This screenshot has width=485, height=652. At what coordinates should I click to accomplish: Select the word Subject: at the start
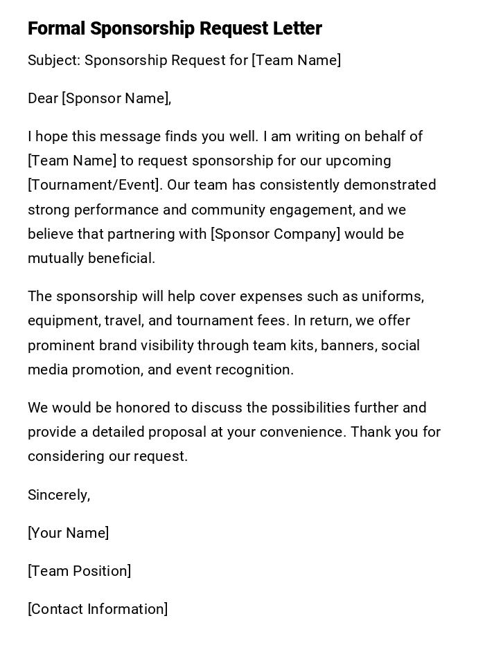[53, 60]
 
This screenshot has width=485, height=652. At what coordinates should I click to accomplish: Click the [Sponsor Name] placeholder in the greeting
[116, 98]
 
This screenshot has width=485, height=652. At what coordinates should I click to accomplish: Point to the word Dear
[43, 98]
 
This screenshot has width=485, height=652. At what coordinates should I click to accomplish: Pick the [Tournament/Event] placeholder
[94, 185]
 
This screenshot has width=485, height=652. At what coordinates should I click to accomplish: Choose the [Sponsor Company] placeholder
[276, 234]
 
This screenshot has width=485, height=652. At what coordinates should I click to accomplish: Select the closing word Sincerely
[58, 495]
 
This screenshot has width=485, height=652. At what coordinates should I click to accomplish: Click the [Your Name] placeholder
[69, 533]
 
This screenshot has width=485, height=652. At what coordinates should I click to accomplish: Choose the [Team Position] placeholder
[80, 571]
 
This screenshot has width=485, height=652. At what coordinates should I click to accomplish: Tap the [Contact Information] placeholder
[98, 609]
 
